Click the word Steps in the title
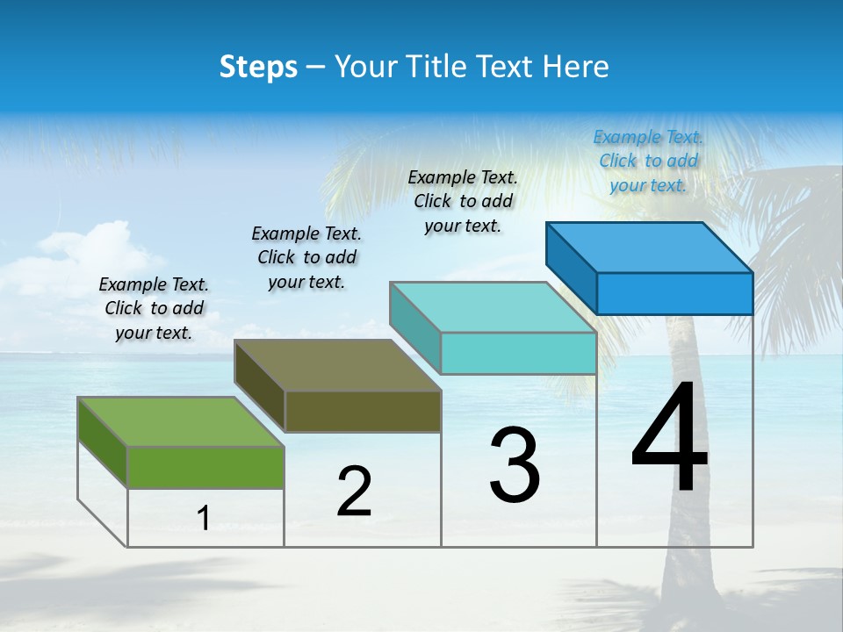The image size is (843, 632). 258,67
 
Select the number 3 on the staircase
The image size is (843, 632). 514,465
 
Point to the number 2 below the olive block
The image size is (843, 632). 354,492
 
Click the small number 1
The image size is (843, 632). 203,519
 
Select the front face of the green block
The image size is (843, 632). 205,467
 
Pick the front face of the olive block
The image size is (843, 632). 363,411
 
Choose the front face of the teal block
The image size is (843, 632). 518,354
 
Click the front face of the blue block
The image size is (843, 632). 674,293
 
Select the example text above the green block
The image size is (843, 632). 154,309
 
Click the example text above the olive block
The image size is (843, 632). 306,257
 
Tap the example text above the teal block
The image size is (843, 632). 463,201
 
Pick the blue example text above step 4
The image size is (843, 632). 648,161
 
